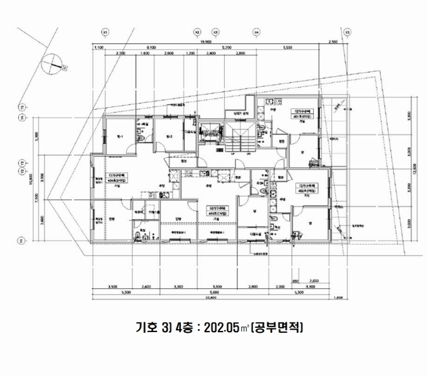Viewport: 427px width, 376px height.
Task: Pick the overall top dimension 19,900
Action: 216,41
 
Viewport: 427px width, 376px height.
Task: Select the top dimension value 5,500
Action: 288,48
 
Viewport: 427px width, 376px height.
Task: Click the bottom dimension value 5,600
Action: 213,292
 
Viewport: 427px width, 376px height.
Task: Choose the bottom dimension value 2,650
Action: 314,281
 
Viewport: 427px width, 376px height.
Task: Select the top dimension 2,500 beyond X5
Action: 332,41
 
